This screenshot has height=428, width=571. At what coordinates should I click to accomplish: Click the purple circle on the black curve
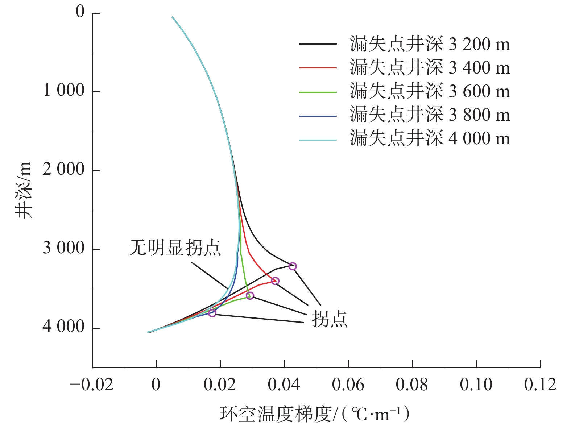(x=293, y=266)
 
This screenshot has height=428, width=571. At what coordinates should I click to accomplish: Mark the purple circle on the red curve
(x=275, y=281)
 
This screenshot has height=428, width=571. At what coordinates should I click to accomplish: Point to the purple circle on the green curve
(x=250, y=296)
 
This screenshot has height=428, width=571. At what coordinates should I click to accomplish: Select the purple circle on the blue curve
(x=212, y=313)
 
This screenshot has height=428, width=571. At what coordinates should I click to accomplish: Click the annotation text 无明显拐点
(x=174, y=249)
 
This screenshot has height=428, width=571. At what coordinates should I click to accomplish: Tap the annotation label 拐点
(x=330, y=320)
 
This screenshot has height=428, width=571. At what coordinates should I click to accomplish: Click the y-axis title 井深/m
(x=24, y=190)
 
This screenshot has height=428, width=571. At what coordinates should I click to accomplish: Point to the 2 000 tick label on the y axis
(x=63, y=170)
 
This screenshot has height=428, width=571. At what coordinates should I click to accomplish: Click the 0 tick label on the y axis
(x=80, y=12)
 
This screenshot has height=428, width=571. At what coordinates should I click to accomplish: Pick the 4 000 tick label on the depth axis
(x=63, y=327)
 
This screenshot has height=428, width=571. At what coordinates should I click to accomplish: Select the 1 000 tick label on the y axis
(x=63, y=91)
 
